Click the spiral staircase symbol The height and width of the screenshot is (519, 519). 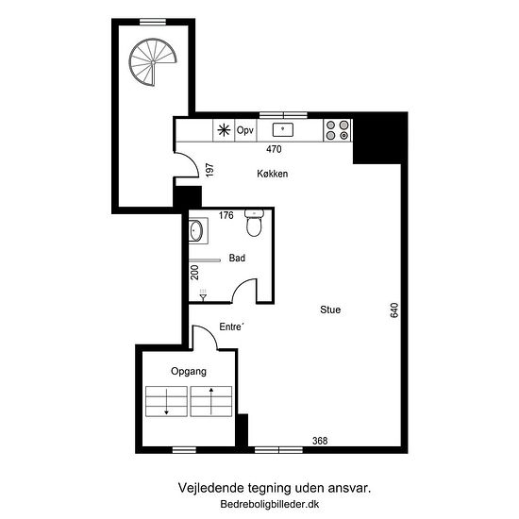[x=153, y=62]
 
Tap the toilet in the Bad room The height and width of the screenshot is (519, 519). [x=254, y=223]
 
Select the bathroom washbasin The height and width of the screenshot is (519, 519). [x=197, y=230]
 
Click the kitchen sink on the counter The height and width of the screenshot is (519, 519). [x=283, y=129]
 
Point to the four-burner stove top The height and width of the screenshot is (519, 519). [x=337, y=130]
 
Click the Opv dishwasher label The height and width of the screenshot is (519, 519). [x=245, y=130]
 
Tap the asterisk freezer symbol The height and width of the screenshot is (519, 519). [x=224, y=130]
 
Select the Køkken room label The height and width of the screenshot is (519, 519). [x=273, y=174]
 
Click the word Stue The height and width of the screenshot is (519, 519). [x=330, y=310]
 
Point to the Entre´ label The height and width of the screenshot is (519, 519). [x=231, y=326]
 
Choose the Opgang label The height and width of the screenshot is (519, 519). [x=189, y=372]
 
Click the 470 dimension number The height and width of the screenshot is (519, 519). [x=274, y=149]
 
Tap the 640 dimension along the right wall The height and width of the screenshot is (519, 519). [x=394, y=310]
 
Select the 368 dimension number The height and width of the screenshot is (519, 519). [x=320, y=441]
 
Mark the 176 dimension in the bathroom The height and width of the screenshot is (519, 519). [x=226, y=215]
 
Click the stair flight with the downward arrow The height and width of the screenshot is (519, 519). [x=166, y=401]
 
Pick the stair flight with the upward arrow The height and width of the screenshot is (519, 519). [x=211, y=401]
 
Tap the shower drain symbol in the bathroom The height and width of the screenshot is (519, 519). [x=203, y=295]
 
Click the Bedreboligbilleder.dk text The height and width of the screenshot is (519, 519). [x=270, y=504]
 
